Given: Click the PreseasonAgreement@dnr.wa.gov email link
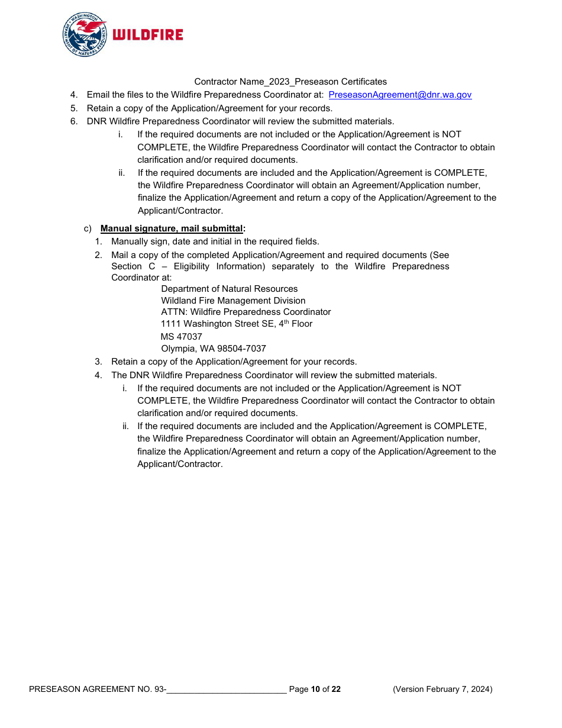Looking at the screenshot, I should (x=400, y=95).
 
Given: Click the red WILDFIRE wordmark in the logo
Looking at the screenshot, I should (x=148, y=35).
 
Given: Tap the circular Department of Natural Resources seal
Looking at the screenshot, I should (x=85, y=35).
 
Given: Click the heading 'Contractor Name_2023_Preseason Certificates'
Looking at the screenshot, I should (x=290, y=82).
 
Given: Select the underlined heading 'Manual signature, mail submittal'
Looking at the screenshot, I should (x=172, y=228).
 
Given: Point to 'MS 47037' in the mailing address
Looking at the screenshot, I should (x=182, y=337).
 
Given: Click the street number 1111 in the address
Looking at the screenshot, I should (x=171, y=324).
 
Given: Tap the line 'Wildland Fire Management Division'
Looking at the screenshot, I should (x=233, y=301).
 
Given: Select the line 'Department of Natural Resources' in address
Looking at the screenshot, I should (x=230, y=289).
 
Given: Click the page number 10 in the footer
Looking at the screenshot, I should (x=315, y=689).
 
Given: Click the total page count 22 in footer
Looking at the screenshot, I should (x=336, y=689).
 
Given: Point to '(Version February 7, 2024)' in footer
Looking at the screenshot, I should (x=443, y=689).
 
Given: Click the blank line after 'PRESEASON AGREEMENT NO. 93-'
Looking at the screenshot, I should (x=227, y=690).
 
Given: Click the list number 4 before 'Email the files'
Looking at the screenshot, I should (x=73, y=95).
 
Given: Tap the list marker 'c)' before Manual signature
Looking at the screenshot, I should (x=88, y=228).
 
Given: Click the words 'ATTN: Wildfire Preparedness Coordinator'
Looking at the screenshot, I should (x=246, y=312).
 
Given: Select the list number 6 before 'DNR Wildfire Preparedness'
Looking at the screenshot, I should (x=73, y=121).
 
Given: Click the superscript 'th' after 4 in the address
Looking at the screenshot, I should (x=286, y=322).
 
